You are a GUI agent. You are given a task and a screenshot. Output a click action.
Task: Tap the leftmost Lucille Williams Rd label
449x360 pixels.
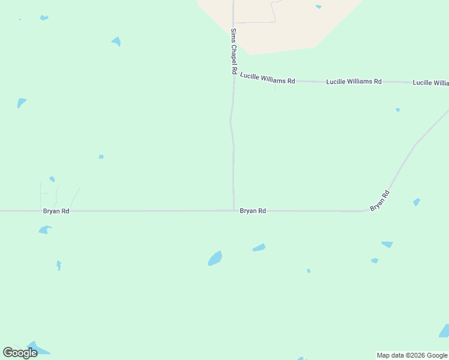click(x=267, y=78)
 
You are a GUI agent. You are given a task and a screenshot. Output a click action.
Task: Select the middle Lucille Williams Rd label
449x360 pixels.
click(x=354, y=81)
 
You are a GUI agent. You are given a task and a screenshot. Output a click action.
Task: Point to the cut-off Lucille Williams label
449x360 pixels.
click(x=430, y=82)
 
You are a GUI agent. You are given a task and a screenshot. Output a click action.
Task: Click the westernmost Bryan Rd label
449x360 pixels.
click(x=56, y=211)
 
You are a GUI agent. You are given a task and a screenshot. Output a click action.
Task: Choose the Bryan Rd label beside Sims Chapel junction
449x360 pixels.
click(x=253, y=211)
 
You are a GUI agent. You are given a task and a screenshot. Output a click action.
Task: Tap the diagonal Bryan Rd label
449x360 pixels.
click(x=380, y=200)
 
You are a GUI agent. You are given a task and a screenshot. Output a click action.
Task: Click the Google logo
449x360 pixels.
click(x=20, y=353)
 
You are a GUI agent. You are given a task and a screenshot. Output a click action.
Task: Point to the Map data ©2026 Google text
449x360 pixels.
click(x=412, y=355)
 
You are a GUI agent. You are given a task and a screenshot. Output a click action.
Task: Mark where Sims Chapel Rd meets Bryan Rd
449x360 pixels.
click(x=234, y=211)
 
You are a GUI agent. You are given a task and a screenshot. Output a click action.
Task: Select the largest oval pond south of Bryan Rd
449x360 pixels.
click(x=215, y=259)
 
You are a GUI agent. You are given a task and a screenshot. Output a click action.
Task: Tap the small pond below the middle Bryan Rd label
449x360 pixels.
click(x=259, y=248)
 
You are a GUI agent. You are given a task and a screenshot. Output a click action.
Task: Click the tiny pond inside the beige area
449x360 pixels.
click(x=318, y=7)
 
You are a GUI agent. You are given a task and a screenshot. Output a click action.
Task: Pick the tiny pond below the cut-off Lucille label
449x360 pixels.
click(x=397, y=110)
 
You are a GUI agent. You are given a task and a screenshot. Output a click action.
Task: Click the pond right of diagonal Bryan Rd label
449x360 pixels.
click(x=417, y=202)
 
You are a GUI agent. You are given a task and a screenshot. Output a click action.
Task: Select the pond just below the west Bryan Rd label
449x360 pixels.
click(x=44, y=229)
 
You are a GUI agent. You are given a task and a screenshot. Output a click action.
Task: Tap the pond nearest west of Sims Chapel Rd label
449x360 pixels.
click(x=116, y=41)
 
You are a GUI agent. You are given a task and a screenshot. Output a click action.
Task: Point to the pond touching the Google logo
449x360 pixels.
click(x=37, y=349)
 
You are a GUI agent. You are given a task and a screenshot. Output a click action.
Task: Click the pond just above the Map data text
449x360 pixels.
click(x=444, y=331)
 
